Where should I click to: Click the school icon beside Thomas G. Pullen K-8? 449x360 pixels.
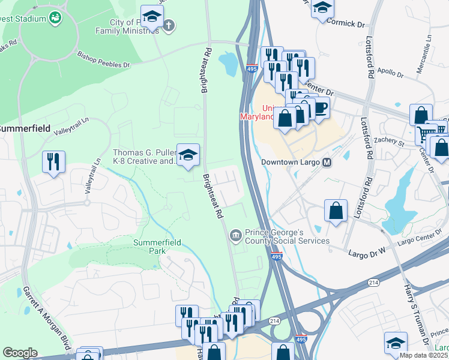click(188, 156)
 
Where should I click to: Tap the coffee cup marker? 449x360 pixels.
click(321, 108)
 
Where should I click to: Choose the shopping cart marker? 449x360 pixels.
click(426, 133)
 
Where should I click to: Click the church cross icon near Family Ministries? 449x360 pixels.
click(169, 25)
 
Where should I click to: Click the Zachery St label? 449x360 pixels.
click(390, 142)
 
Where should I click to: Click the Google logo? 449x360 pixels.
click(20, 353)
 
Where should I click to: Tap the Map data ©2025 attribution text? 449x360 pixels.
click(423, 355)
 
